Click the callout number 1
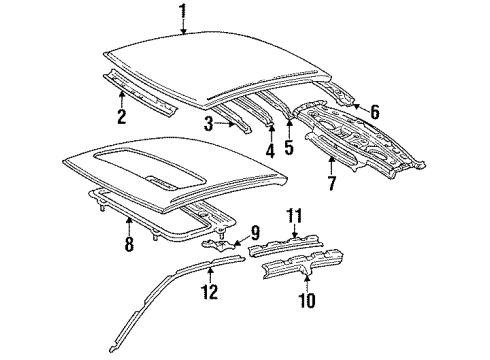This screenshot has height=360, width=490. point(183,11)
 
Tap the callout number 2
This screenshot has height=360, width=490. point(122,116)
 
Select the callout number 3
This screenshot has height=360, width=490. point(209,124)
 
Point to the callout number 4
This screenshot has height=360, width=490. point(270,151)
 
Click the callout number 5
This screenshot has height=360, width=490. point(289,147)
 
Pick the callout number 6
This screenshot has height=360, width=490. point(375,112)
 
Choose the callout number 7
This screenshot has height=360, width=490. point(332,183)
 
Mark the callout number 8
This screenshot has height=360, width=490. point(129,244)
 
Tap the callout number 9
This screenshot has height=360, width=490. point(255,233)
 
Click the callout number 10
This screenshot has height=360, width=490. point(307,300)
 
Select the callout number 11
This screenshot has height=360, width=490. point(294,216)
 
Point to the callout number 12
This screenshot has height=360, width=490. point(209,292)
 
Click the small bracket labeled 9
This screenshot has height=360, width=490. point(218,245)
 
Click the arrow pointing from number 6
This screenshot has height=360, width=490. point(360,107)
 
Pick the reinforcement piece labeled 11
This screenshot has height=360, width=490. point(285,246)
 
